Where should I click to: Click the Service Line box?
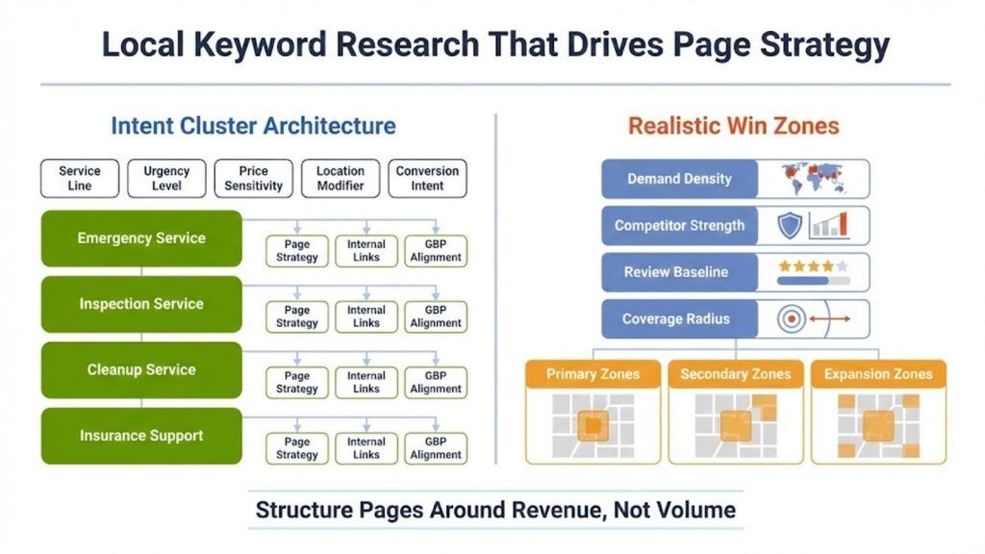pos(79,178)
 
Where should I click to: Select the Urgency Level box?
pos(166,178)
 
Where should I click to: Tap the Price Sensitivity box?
pos(254,178)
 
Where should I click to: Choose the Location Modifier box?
pos(341,178)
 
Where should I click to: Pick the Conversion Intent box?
pos(427,178)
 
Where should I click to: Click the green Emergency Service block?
pos(141,239)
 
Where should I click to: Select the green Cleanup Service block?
pos(141,369)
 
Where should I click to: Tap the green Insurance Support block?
pos(141,436)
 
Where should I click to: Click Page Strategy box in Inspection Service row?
pos(297,316)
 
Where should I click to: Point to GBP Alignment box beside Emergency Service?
pos(436,251)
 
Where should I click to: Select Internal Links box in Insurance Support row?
pos(366,448)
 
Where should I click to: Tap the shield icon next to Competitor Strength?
pos(790,226)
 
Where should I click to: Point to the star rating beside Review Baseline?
pos(813,266)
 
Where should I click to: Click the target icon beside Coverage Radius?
pos(792,319)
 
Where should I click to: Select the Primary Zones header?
pos(593,374)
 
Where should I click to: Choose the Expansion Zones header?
pos(878,374)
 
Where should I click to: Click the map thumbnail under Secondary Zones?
pos(736,425)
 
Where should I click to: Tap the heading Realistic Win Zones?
pos(733,126)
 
